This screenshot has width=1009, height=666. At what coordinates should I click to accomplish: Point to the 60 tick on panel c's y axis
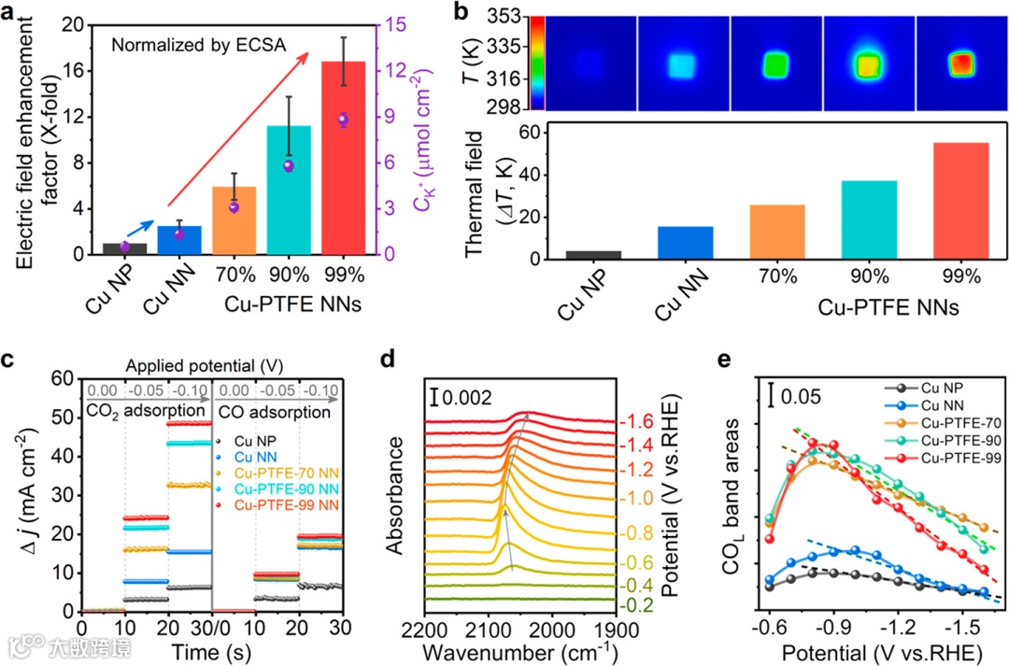coord(62,378)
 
